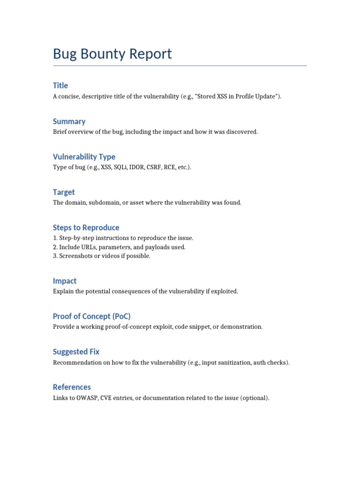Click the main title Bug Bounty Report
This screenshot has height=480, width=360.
click(x=112, y=54)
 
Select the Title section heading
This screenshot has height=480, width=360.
click(x=60, y=85)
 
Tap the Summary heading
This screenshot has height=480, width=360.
click(x=69, y=121)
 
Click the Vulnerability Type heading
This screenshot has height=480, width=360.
click(x=84, y=157)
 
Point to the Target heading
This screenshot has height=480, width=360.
click(x=64, y=192)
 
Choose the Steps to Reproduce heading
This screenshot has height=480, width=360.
click(x=86, y=227)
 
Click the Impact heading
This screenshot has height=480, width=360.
click(x=65, y=281)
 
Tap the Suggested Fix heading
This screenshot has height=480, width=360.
click(x=76, y=352)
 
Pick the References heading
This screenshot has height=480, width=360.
click(x=72, y=387)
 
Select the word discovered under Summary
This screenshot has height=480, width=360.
click(x=242, y=132)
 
